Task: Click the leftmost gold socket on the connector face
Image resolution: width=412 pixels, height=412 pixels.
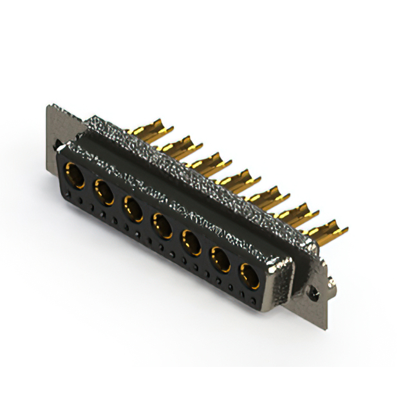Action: [75, 174]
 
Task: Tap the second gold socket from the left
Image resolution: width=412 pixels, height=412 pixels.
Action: [104, 191]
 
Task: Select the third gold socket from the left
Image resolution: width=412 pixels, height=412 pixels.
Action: [133, 208]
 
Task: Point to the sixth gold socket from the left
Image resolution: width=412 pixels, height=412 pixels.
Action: [220, 259]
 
